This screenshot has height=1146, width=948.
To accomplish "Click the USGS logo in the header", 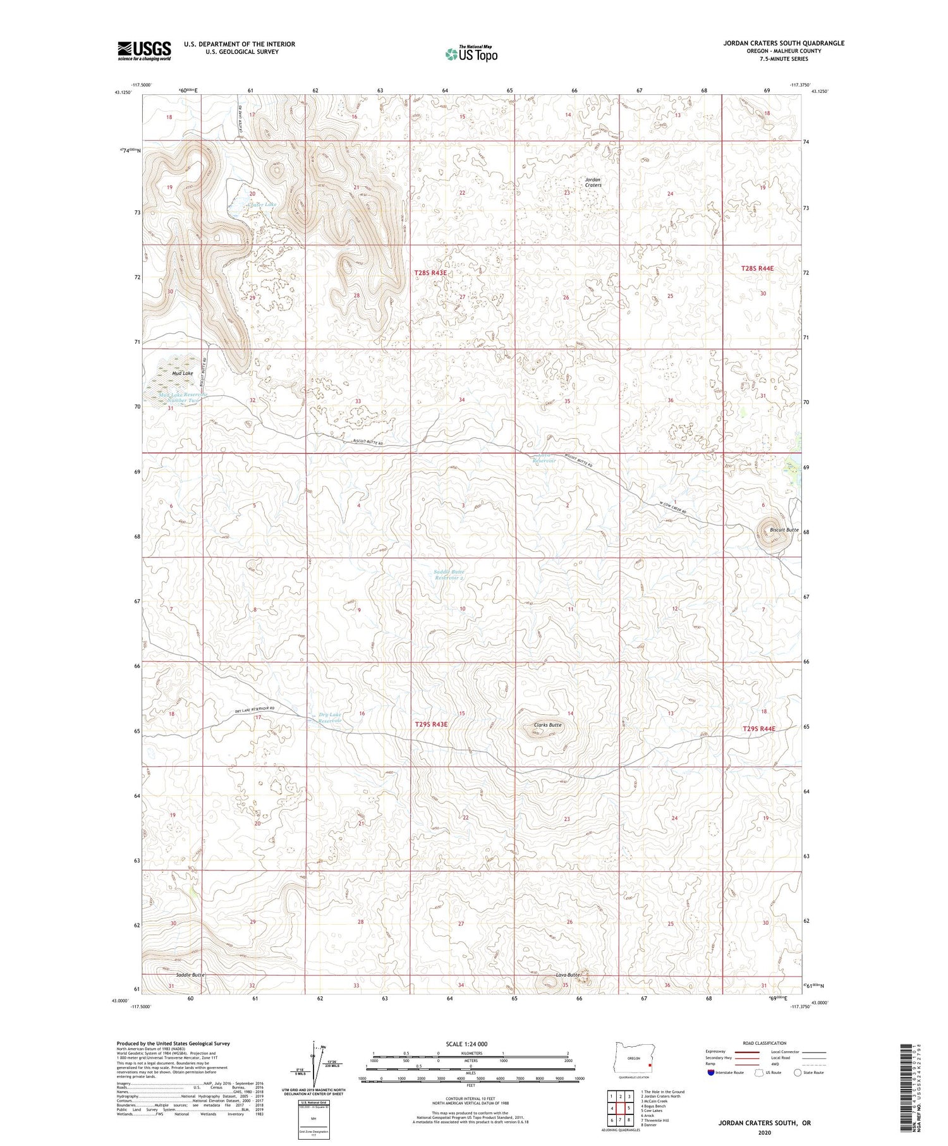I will point(144,51).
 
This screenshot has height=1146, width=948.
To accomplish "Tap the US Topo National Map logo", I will point(471,54).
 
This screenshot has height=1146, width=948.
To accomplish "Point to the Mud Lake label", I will point(183,374).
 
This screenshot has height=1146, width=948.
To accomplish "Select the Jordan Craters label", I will point(593,182).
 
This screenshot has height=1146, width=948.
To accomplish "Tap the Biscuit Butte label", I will point(784,530).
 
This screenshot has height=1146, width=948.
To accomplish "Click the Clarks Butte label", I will point(547,725).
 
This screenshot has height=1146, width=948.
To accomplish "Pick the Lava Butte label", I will point(568,975).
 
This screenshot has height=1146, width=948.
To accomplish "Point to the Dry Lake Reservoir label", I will point(330,718).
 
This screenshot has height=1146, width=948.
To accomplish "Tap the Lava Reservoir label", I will point(544,458).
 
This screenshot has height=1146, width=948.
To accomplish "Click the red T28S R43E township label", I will point(430,273).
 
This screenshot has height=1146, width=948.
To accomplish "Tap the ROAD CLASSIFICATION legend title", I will point(765,1043).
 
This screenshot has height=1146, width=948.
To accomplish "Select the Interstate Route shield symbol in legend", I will point(711,1073).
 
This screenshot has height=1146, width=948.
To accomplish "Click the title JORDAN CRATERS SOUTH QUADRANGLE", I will point(784,43).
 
